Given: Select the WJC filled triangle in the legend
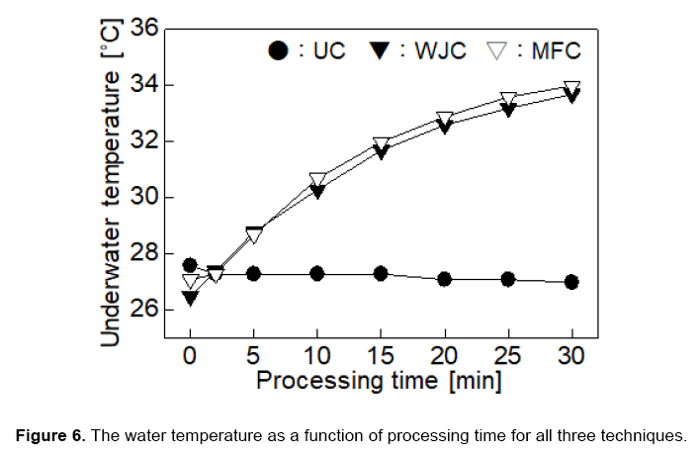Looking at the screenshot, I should coord(381,50).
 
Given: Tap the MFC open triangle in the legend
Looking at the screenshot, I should coord(498,50).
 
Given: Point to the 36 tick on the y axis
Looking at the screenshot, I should coord(145,29).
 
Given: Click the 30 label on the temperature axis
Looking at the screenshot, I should coord(145,198).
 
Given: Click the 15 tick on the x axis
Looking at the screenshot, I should coord(381,354).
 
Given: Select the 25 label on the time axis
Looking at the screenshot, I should coord(507,354).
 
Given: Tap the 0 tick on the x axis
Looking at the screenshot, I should coord(191,354).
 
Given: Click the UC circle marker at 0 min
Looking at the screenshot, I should coord(191,266).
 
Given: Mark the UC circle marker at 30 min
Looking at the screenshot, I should coord(571,282).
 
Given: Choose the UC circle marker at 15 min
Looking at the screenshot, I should coord(381,273).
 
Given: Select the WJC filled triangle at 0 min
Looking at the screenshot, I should coord(191,297).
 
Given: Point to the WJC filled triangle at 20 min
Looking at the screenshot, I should coord(444,127).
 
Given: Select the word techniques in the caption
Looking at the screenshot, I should coord(651,435).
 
